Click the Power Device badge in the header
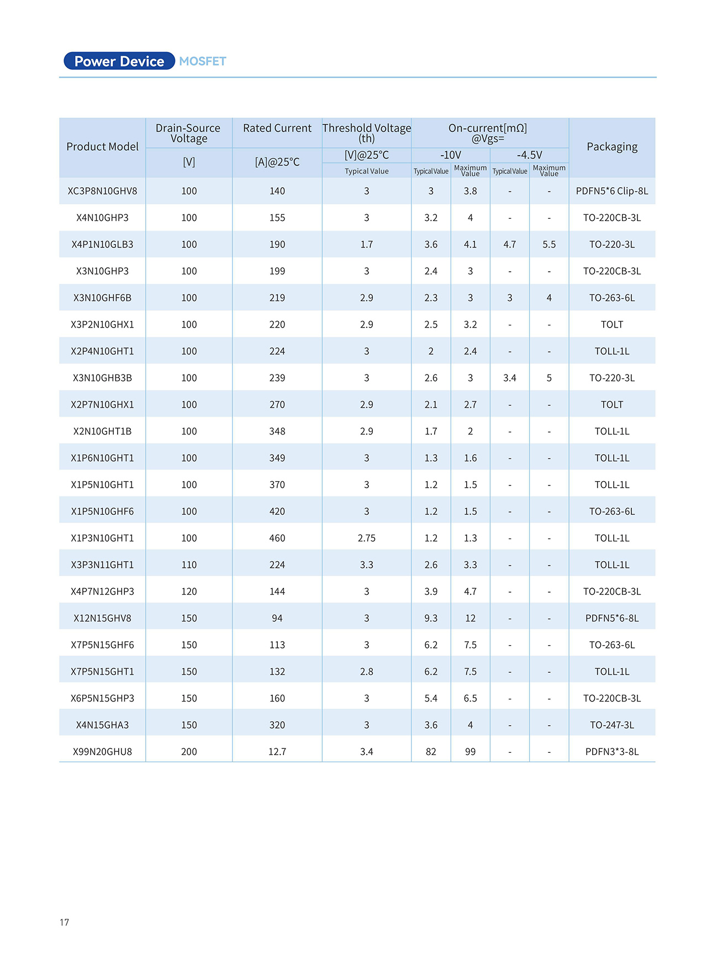tap(119, 61)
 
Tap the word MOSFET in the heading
tap(203, 61)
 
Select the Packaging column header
tap(612, 147)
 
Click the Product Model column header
tap(102, 147)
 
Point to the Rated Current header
tap(277, 128)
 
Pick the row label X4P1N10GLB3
tap(102, 245)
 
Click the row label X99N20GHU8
tap(102, 752)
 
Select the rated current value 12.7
tap(277, 752)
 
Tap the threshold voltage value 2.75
tap(367, 538)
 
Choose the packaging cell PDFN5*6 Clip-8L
tap(612, 191)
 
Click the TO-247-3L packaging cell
tap(612, 725)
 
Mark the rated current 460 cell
tap(277, 538)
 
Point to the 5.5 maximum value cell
tap(549, 245)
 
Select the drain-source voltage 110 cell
tap(189, 565)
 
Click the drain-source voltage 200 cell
tap(189, 752)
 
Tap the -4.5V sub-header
tap(529, 155)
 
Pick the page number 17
tap(65, 922)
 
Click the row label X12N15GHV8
tap(102, 619)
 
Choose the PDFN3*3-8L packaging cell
tap(612, 752)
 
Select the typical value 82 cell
tap(431, 752)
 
